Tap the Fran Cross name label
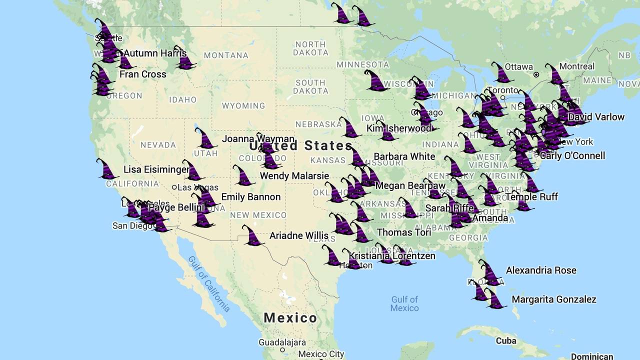(142, 74)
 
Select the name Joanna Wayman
(258, 138)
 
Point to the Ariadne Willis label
(299, 235)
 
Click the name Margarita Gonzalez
(554, 299)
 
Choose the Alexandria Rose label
(541, 270)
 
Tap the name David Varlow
(596, 117)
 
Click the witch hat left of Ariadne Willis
(253, 236)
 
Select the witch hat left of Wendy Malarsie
(243, 176)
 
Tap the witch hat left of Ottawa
(502, 73)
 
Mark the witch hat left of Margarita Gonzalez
(495, 299)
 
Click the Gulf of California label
(209, 283)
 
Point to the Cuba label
(505, 341)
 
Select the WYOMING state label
(243, 105)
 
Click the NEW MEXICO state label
(258, 215)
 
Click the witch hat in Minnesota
(376, 81)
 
